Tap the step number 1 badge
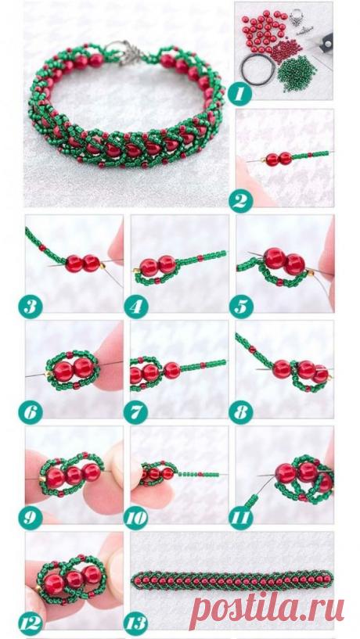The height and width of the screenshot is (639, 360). tap(239, 94)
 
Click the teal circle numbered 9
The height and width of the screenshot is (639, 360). tap(30, 518)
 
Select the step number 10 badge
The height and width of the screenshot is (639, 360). tap(135, 518)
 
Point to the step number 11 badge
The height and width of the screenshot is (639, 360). tap(240, 518)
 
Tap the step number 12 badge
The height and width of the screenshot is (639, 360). tap(30, 623)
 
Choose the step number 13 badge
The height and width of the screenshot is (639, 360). tap(135, 623)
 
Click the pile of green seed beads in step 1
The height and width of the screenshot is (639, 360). tap(297, 74)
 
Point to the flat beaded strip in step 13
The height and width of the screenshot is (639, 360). tap(231, 580)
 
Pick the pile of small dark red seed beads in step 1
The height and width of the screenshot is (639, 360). tap(286, 50)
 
